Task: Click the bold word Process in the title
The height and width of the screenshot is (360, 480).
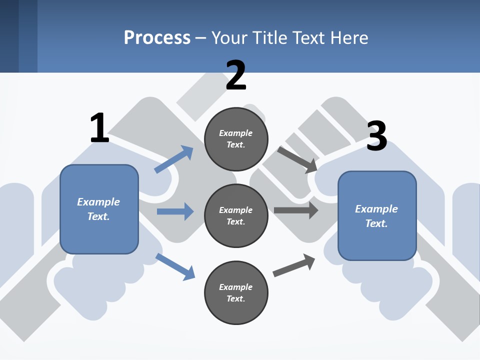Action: (x=157, y=38)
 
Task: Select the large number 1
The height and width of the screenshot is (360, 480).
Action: (x=99, y=128)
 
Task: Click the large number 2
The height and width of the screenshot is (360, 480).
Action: (x=236, y=75)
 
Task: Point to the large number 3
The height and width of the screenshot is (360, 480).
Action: (x=377, y=136)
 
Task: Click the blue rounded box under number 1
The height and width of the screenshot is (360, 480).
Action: (x=99, y=209)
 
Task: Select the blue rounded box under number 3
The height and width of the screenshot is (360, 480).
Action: (x=377, y=216)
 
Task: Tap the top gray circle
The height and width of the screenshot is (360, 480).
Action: (x=236, y=139)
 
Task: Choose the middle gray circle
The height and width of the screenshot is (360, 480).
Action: (x=236, y=215)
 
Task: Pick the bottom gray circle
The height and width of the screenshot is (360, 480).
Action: (x=236, y=292)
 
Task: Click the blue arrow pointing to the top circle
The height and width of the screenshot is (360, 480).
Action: (x=174, y=159)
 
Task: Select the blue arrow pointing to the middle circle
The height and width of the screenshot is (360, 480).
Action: (x=175, y=211)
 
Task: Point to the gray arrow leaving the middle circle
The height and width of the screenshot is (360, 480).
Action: (x=295, y=210)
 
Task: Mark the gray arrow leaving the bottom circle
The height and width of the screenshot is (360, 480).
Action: (x=294, y=265)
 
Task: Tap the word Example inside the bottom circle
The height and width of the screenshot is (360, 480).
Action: (x=236, y=287)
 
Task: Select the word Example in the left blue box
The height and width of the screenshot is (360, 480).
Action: (x=98, y=202)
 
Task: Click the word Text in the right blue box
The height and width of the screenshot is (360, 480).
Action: (x=376, y=223)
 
